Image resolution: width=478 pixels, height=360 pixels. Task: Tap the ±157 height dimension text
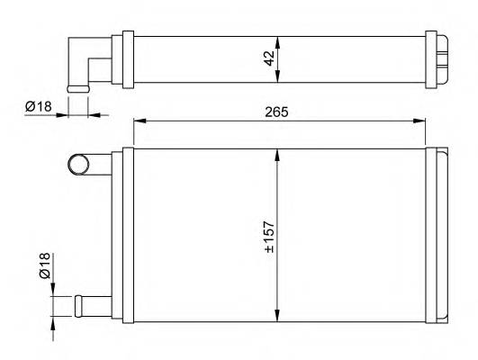click(x=268, y=236)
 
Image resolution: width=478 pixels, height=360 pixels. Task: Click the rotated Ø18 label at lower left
click(x=44, y=268)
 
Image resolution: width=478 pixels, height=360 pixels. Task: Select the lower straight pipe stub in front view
click(x=90, y=302)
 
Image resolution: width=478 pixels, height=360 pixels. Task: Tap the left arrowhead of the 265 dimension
click(x=139, y=121)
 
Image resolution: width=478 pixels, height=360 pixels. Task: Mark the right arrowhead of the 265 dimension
click(x=420, y=121)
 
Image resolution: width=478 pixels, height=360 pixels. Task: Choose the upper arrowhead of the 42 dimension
click(x=279, y=40)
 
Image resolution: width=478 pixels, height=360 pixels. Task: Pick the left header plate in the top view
click(x=127, y=59)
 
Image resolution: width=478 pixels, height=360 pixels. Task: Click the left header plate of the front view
click(x=127, y=234)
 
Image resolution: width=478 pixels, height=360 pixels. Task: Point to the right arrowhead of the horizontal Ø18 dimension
click(x=93, y=115)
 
